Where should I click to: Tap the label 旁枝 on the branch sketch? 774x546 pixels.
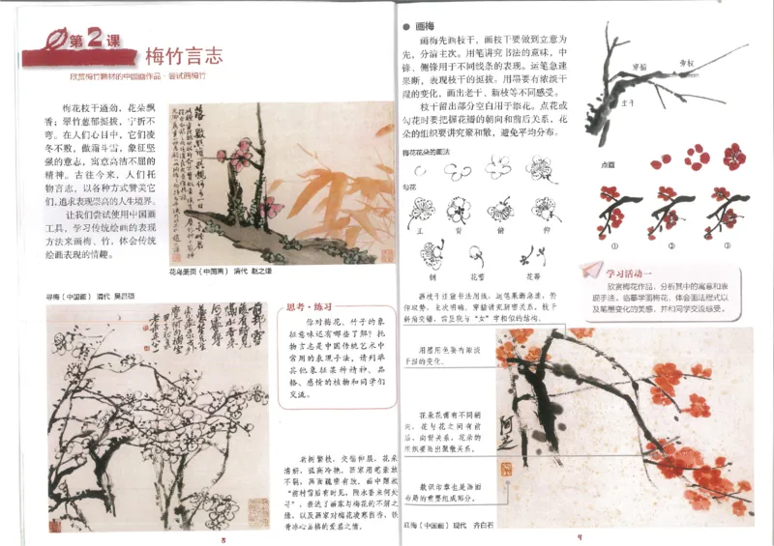pyautogui.click(x=688, y=62)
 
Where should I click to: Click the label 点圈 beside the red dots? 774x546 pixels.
pyautogui.click(x=610, y=164)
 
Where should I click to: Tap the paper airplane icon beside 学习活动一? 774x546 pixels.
pyautogui.click(x=592, y=272)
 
